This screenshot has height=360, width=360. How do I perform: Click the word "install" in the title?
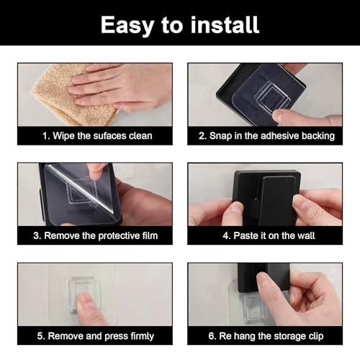[x=225, y=24]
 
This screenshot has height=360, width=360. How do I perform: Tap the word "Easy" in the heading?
[x=127, y=26]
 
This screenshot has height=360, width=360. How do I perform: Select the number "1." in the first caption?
[x=46, y=136]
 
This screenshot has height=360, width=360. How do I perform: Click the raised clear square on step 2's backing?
[x=272, y=96]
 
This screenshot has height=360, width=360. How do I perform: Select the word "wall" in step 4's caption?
[x=306, y=235]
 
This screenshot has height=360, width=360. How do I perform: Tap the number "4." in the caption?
[x=227, y=235]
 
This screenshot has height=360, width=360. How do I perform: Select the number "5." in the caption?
[x=41, y=336]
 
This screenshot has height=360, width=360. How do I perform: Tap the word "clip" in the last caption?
[x=315, y=336]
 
